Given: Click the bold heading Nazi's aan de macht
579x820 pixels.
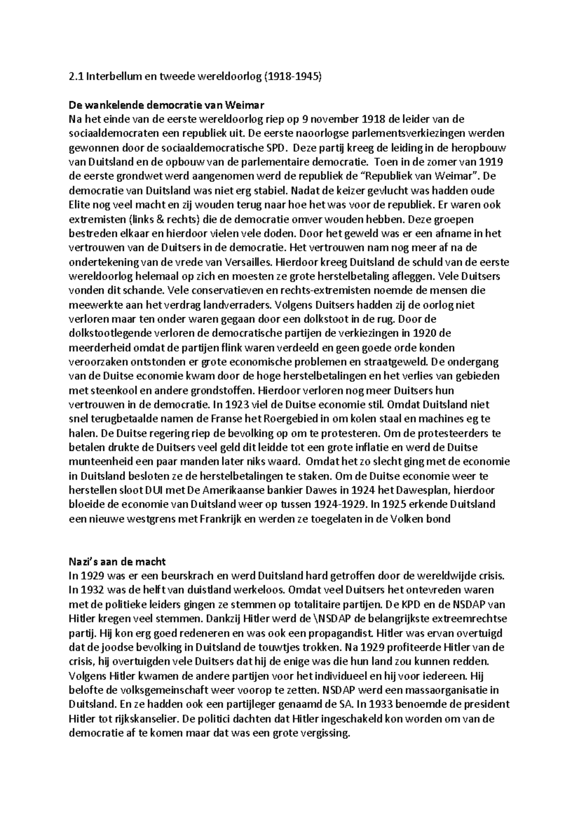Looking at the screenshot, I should coord(118,562).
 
